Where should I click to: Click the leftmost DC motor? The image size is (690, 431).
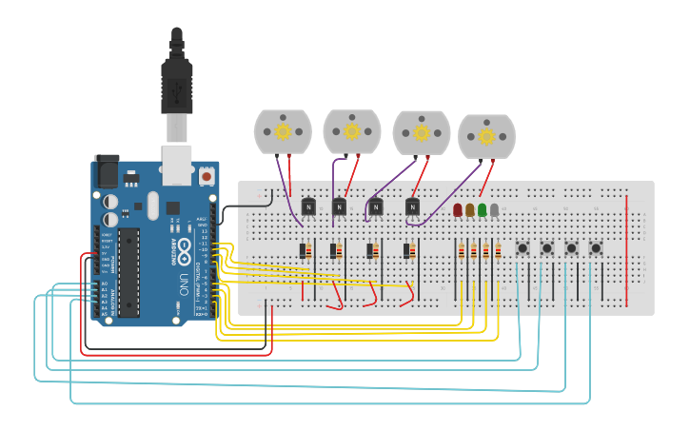click(x=283, y=131)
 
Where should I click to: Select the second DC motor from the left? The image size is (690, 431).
click(x=352, y=131)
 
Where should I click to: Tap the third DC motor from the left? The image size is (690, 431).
click(x=422, y=133)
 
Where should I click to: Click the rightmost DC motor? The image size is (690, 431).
click(x=486, y=137)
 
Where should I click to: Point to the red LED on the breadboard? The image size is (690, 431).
click(x=458, y=210)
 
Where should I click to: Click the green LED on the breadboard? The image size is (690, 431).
click(x=483, y=210)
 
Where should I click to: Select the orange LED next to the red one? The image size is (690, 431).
click(x=470, y=210)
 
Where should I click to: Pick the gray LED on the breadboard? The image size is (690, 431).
click(x=494, y=210)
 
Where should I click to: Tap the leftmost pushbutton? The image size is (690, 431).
click(x=522, y=248)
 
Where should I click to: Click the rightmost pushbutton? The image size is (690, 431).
click(x=596, y=248)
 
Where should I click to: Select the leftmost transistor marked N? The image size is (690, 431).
click(x=308, y=206)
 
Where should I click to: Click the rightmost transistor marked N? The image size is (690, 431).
click(x=412, y=206)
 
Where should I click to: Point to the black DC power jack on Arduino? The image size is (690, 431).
click(x=107, y=170)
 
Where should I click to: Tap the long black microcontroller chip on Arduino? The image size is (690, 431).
click(x=128, y=271)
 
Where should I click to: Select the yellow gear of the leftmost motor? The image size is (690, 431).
click(x=283, y=132)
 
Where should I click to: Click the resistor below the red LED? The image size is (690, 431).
click(x=462, y=251)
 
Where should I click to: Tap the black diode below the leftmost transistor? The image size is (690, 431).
click(x=303, y=251)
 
